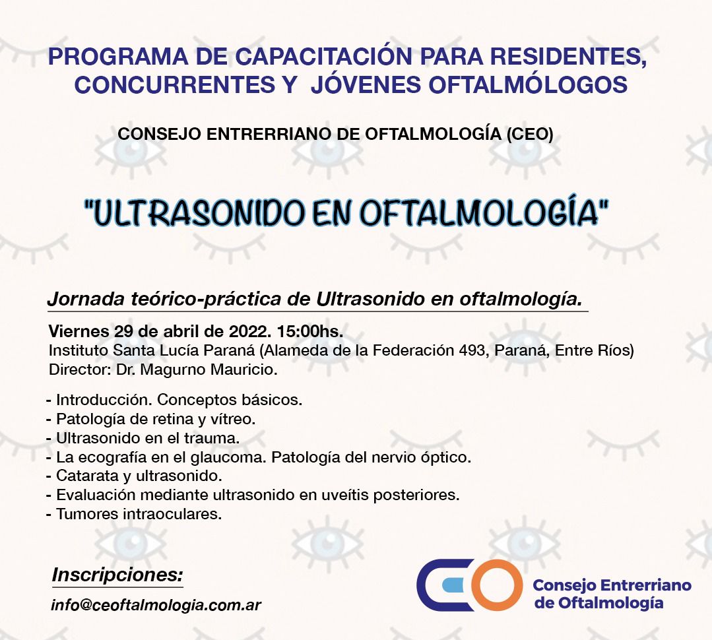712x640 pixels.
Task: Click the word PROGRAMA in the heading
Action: [x=117, y=56]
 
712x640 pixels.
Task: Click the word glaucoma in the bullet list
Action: [x=228, y=457]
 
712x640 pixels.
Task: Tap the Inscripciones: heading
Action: [x=117, y=575]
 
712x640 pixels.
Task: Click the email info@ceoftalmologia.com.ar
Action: [x=156, y=605]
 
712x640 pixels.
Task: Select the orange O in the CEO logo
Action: [x=496, y=585]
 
